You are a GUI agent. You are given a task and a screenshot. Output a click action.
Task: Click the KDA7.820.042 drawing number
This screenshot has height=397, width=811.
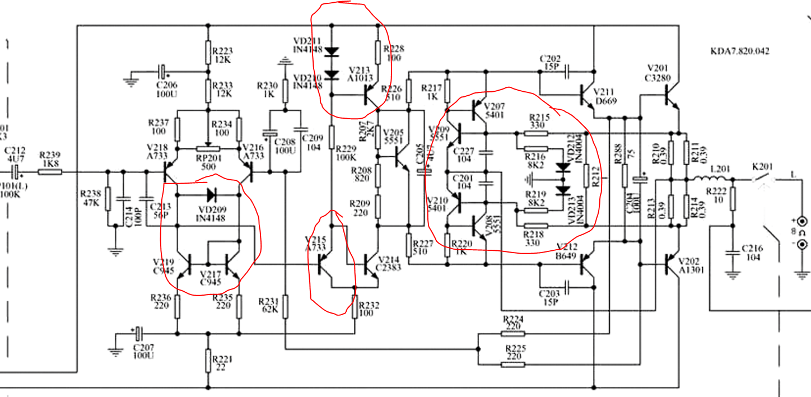tap(739, 51)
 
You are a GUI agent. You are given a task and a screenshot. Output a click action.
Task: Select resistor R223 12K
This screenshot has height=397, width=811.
tap(208, 54)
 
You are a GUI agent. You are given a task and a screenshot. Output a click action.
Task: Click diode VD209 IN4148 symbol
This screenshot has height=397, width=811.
tap(211, 195)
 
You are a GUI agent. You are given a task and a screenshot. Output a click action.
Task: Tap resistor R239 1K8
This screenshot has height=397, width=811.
tap(50, 172)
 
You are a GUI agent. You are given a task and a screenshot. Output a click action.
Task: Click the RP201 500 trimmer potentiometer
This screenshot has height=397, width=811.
tap(208, 149)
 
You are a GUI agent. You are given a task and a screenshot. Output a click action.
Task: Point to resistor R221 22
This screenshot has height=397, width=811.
tap(208, 359)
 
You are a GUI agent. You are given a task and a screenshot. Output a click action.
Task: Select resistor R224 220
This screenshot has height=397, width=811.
tap(512, 334)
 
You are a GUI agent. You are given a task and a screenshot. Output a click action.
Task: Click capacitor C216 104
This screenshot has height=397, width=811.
tap(731, 253)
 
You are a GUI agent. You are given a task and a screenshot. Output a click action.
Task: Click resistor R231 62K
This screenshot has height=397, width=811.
tap(285, 306)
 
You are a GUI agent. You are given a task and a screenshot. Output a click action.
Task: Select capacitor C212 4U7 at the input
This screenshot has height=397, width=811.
tap(15, 172)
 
